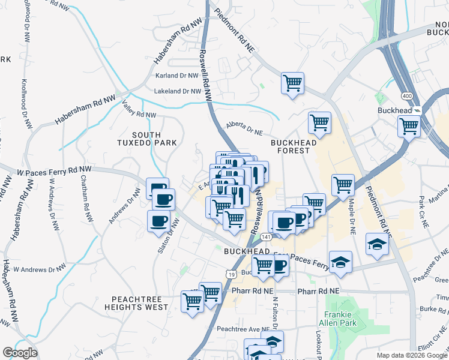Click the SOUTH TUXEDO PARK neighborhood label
click(146, 138)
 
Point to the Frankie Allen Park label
click(341, 319)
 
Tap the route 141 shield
click(266, 238)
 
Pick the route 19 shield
click(231, 273)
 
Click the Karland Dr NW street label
click(177, 76)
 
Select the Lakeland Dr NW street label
click(177, 91)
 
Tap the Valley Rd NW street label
click(139, 110)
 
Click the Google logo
click(20, 353)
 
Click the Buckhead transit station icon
click(417, 110)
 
